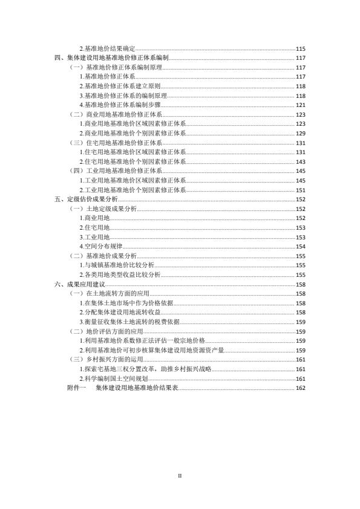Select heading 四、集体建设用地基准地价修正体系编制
[112, 57]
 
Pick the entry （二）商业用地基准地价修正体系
[116, 114]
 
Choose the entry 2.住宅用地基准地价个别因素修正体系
[133, 161]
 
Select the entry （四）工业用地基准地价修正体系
[116, 171]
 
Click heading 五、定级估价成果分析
[86, 199]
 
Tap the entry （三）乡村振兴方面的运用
[107, 359]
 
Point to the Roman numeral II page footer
[180, 476]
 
